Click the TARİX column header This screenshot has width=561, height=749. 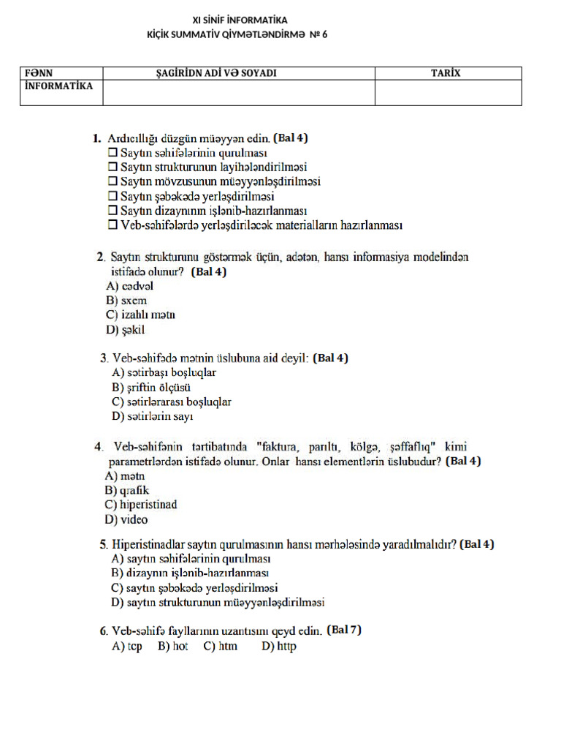point(448,73)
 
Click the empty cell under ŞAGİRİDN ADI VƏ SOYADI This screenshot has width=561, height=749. point(239,92)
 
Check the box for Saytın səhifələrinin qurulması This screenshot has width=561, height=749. point(112,153)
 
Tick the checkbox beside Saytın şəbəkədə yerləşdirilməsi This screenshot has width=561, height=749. point(112,196)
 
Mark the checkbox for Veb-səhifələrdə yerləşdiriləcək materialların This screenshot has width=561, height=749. point(112,225)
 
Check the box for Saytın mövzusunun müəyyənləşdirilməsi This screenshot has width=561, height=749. point(112,181)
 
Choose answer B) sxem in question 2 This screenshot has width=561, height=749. point(126,301)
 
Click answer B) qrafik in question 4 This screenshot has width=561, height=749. point(127,490)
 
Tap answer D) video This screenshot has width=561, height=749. point(126,520)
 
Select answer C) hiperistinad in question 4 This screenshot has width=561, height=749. point(141,505)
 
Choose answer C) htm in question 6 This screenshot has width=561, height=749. point(221,647)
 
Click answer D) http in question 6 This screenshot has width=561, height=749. point(279,647)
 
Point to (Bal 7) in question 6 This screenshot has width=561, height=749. point(344,629)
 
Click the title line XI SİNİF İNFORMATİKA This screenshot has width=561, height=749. point(240,20)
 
